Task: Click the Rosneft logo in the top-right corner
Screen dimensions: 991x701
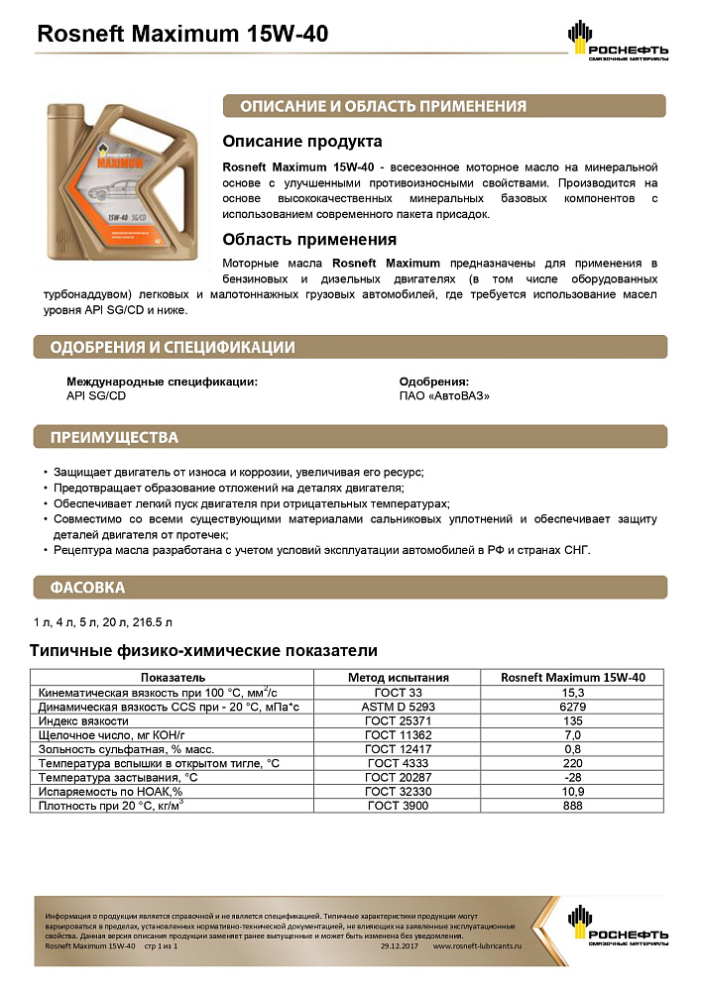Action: point(618,43)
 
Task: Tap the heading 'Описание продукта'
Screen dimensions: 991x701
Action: point(301,142)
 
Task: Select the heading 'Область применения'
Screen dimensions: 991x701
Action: point(309,239)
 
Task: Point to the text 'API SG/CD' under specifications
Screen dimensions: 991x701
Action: point(96,395)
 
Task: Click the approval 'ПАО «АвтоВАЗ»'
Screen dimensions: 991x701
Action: point(444,395)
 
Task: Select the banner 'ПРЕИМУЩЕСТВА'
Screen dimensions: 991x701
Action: point(114,438)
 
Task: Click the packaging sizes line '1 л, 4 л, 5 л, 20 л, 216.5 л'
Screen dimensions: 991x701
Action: point(103,621)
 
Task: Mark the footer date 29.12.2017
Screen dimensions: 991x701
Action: point(401,947)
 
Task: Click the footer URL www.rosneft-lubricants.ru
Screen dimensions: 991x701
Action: point(478,947)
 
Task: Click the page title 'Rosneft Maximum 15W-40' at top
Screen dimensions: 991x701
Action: point(182,35)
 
